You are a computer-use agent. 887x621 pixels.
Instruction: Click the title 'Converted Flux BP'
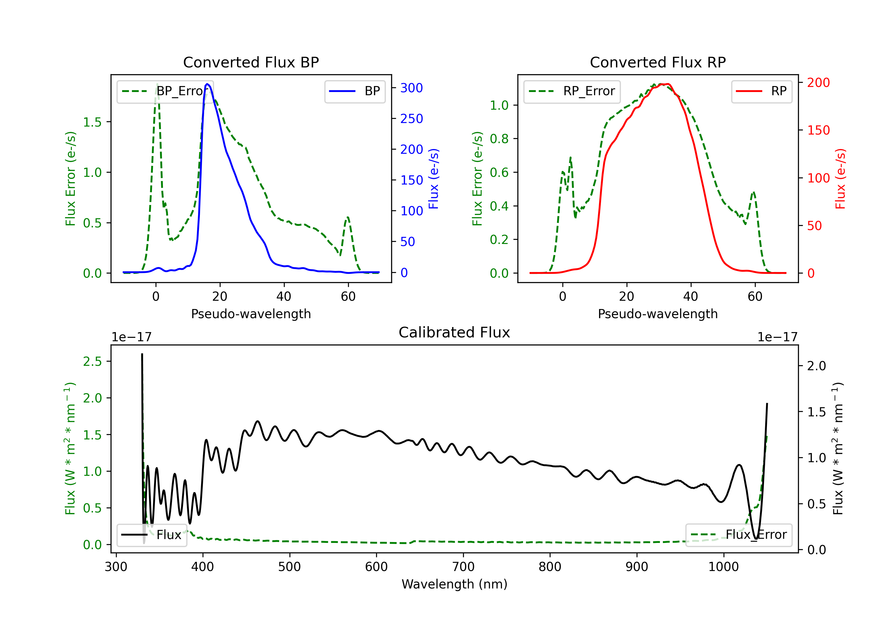click(x=251, y=62)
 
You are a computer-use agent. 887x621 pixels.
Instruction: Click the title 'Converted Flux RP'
click(x=658, y=62)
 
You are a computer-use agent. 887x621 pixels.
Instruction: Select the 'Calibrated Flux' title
click(x=454, y=332)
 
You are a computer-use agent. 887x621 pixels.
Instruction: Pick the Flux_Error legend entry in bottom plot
click(x=739, y=535)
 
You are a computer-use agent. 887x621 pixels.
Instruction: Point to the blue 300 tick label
click(x=412, y=88)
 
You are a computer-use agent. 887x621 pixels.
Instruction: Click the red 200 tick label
click(x=818, y=83)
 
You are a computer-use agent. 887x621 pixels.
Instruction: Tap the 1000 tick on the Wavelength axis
click(x=723, y=567)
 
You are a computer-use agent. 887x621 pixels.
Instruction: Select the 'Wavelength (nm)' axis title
click(x=454, y=584)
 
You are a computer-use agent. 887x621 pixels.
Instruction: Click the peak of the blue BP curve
click(x=208, y=84)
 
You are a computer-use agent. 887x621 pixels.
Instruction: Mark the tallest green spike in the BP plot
click(x=157, y=84)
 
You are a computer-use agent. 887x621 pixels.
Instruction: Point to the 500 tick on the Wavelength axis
click(x=289, y=567)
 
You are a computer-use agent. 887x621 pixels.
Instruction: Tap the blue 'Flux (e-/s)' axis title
click(x=433, y=179)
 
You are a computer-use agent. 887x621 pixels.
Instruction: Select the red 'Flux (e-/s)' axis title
click(x=840, y=179)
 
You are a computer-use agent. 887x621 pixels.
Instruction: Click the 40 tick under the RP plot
click(x=691, y=296)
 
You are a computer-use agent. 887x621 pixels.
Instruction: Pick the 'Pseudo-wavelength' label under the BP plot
click(x=251, y=314)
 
